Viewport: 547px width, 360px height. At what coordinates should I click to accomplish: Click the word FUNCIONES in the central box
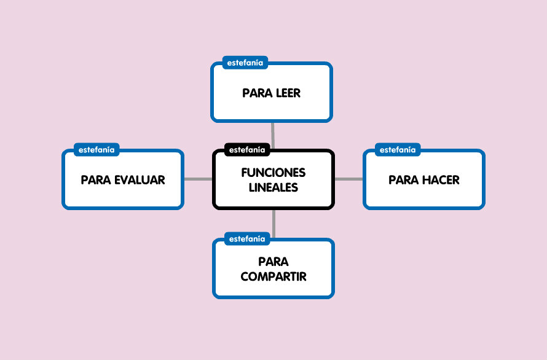pyautogui.click(x=273, y=173)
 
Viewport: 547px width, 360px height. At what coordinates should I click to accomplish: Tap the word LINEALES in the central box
pyautogui.click(x=273, y=187)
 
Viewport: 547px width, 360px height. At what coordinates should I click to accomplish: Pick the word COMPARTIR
pyautogui.click(x=273, y=276)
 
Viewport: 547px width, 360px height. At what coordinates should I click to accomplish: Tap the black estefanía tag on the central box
pyautogui.click(x=247, y=149)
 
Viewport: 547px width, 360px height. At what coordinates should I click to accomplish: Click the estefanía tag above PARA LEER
pyautogui.click(x=245, y=63)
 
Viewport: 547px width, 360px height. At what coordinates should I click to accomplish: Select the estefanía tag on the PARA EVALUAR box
pyautogui.click(x=96, y=149)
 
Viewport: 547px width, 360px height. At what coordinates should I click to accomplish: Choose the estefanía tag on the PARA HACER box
pyautogui.click(x=398, y=149)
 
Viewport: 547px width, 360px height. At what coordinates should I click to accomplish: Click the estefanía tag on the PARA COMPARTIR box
pyautogui.click(x=247, y=238)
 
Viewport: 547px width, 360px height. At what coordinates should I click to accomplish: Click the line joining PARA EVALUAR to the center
pyautogui.click(x=198, y=179)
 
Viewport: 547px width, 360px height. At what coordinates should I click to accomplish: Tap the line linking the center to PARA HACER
pyautogui.click(x=348, y=179)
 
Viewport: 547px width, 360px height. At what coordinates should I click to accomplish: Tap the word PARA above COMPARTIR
pyautogui.click(x=273, y=262)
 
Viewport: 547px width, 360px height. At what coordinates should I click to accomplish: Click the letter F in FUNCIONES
pyautogui.click(x=245, y=173)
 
